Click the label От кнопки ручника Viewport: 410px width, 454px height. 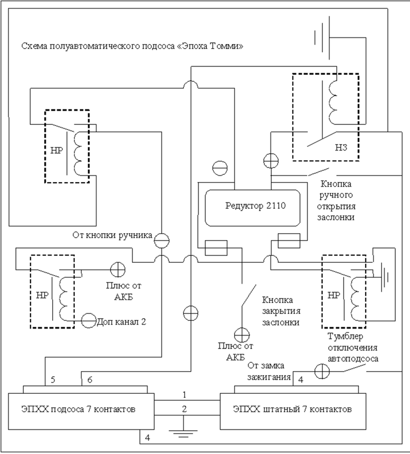pos(112,235)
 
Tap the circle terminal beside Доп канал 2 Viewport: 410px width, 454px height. pos(88,321)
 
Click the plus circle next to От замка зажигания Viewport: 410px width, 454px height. pos(322,371)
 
